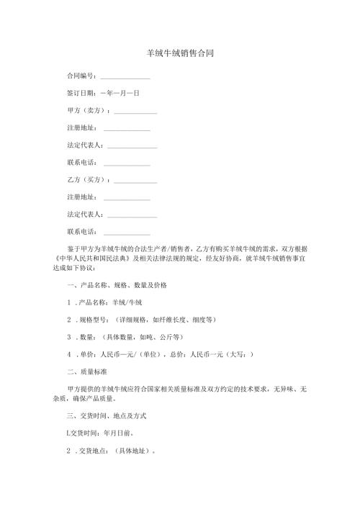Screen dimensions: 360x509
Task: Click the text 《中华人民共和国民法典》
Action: point(89,257)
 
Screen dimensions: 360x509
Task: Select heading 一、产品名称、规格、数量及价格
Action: point(117,285)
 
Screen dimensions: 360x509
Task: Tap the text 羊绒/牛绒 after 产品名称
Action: point(127,302)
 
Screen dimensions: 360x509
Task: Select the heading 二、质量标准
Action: point(87,371)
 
